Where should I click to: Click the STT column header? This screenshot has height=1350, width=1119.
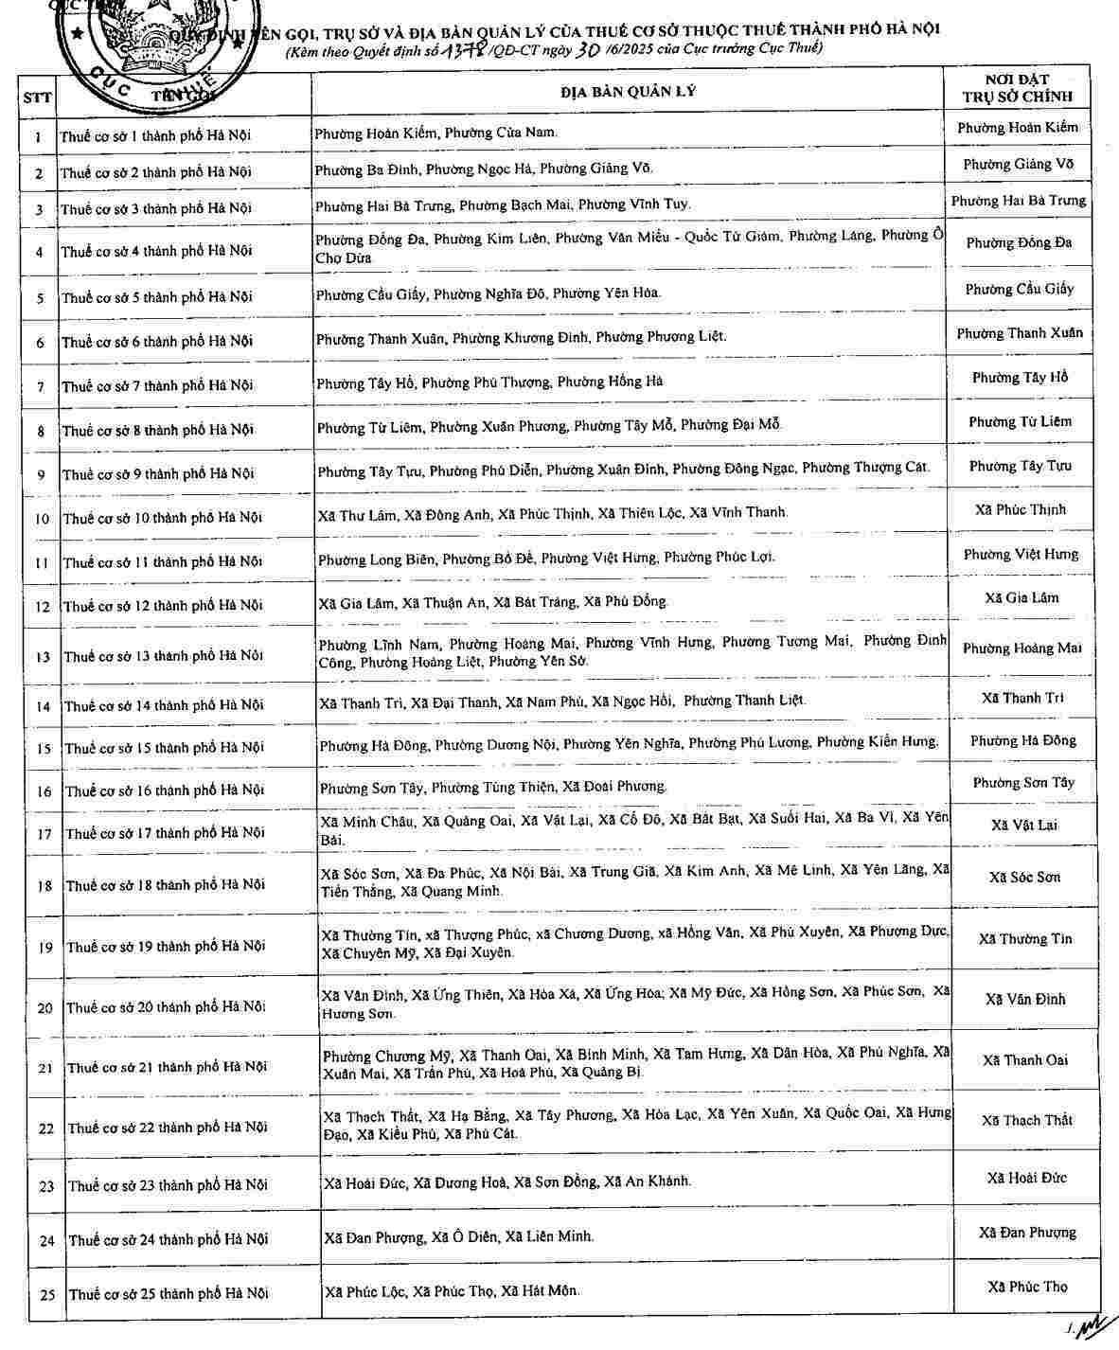(x=38, y=96)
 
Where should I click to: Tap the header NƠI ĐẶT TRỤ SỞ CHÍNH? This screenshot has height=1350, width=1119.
(x=1018, y=88)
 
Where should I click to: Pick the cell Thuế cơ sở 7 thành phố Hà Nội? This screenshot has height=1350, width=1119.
(x=157, y=385)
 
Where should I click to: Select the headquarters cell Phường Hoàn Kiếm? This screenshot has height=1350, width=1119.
(x=1018, y=127)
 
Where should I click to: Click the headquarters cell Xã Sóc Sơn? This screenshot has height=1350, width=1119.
(x=1024, y=878)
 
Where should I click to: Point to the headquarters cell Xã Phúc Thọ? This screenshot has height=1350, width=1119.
(x=1027, y=1287)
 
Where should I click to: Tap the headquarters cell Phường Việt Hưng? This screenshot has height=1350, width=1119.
(x=1021, y=554)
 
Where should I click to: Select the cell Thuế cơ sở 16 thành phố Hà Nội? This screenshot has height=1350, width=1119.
(x=164, y=790)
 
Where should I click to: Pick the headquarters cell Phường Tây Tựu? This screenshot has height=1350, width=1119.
(x=1019, y=466)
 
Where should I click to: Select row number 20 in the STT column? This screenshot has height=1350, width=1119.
(x=44, y=1007)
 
